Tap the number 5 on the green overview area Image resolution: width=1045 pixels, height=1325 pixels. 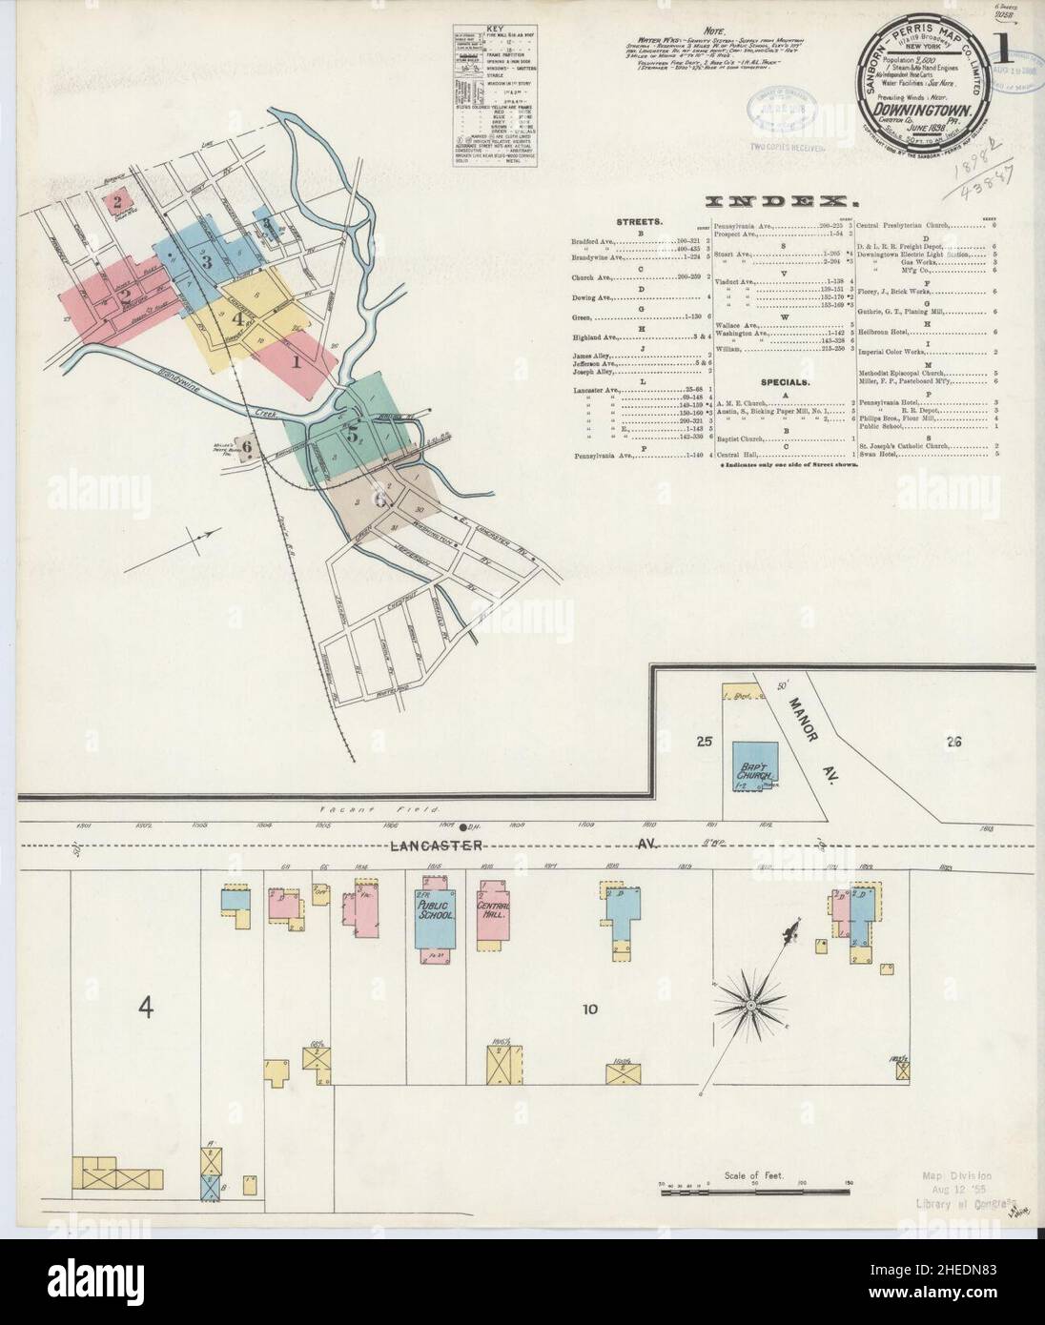point(353,436)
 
